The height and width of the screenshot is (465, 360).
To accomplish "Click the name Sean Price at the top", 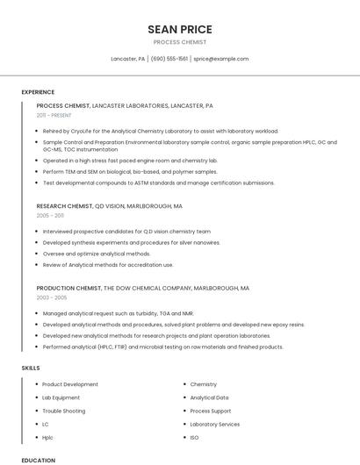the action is coord(180,29).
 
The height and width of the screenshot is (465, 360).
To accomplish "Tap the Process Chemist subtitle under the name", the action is coord(180,42).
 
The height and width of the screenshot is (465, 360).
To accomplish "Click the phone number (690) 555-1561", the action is coord(169,59).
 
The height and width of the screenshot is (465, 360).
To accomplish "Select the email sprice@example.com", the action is coord(221,59).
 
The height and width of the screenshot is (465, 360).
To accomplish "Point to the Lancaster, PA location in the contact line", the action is coord(128,59).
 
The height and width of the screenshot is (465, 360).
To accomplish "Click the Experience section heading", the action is coord(38,92).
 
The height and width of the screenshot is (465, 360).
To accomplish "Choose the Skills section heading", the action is coord(31,368).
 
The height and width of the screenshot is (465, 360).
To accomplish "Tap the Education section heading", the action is coord(38,460).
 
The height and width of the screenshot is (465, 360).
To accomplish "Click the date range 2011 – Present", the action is coord(54,115).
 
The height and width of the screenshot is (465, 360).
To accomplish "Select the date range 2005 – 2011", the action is coord(50,215).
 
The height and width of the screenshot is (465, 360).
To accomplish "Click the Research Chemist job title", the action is coord(64,206).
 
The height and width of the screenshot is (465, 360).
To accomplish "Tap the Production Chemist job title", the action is coord(68,288).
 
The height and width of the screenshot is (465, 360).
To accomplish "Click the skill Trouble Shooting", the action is coord(64,411).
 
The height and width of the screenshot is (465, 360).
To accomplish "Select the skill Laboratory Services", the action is coord(215,424).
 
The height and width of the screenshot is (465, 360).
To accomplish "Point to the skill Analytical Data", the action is coord(209,397).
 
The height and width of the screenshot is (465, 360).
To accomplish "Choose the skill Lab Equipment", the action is coord(61,397).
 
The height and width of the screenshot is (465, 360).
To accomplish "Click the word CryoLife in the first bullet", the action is coord(86,131).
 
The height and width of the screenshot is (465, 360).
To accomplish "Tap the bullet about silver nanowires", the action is coord(132,242).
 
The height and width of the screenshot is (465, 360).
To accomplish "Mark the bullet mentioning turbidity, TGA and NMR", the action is coord(119,313).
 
